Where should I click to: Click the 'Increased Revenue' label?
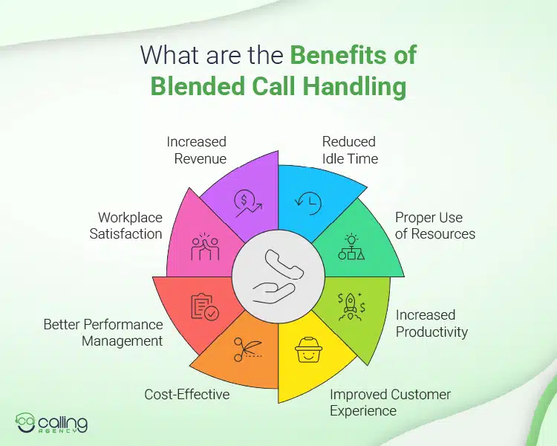pyautogui.click(x=196, y=149)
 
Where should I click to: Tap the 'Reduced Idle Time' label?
pyautogui.click(x=349, y=149)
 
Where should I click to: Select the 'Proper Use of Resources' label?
pyautogui.click(x=435, y=225)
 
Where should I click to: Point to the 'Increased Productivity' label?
pyautogui.click(x=431, y=323)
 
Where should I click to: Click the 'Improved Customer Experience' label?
pyautogui.click(x=390, y=402)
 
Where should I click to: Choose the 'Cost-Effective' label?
pyautogui.click(x=186, y=394)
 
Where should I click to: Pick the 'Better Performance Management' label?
pyautogui.click(x=102, y=333)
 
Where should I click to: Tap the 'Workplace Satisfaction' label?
pyautogui.click(x=130, y=225)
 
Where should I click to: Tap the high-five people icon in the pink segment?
pyautogui.click(x=204, y=246)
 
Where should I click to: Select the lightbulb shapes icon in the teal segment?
pyautogui.click(x=350, y=246)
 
